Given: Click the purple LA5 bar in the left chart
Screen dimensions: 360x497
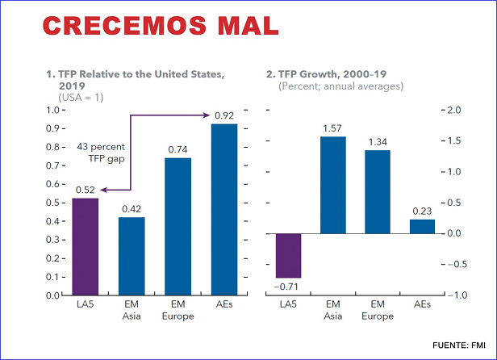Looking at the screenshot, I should pyautogui.click(x=85, y=246).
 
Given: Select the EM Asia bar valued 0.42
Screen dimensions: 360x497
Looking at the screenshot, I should pyautogui.click(x=132, y=256).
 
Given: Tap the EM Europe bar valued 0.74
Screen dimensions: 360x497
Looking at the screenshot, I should pyautogui.click(x=178, y=226).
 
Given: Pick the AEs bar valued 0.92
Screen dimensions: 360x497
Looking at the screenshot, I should pyautogui.click(x=224, y=210).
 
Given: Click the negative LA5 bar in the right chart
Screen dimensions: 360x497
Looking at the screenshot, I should pyautogui.click(x=288, y=255).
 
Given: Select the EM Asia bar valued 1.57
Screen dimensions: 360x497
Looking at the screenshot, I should pyautogui.click(x=333, y=185).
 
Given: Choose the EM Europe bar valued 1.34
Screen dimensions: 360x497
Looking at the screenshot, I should pyautogui.click(x=378, y=192).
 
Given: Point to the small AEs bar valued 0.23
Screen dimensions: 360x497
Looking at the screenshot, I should pyautogui.click(x=422, y=226).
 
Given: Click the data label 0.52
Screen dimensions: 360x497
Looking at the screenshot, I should pyautogui.click(x=85, y=190).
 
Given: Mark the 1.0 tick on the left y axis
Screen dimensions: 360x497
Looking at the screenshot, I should pyautogui.click(x=55, y=110).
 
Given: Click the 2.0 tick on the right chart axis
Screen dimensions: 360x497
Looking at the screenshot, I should pyautogui.click(x=453, y=110).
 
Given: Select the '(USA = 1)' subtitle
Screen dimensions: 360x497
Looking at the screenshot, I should pyautogui.click(x=81, y=97).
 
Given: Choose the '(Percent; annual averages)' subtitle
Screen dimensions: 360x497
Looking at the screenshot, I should pyautogui.click(x=340, y=86).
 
